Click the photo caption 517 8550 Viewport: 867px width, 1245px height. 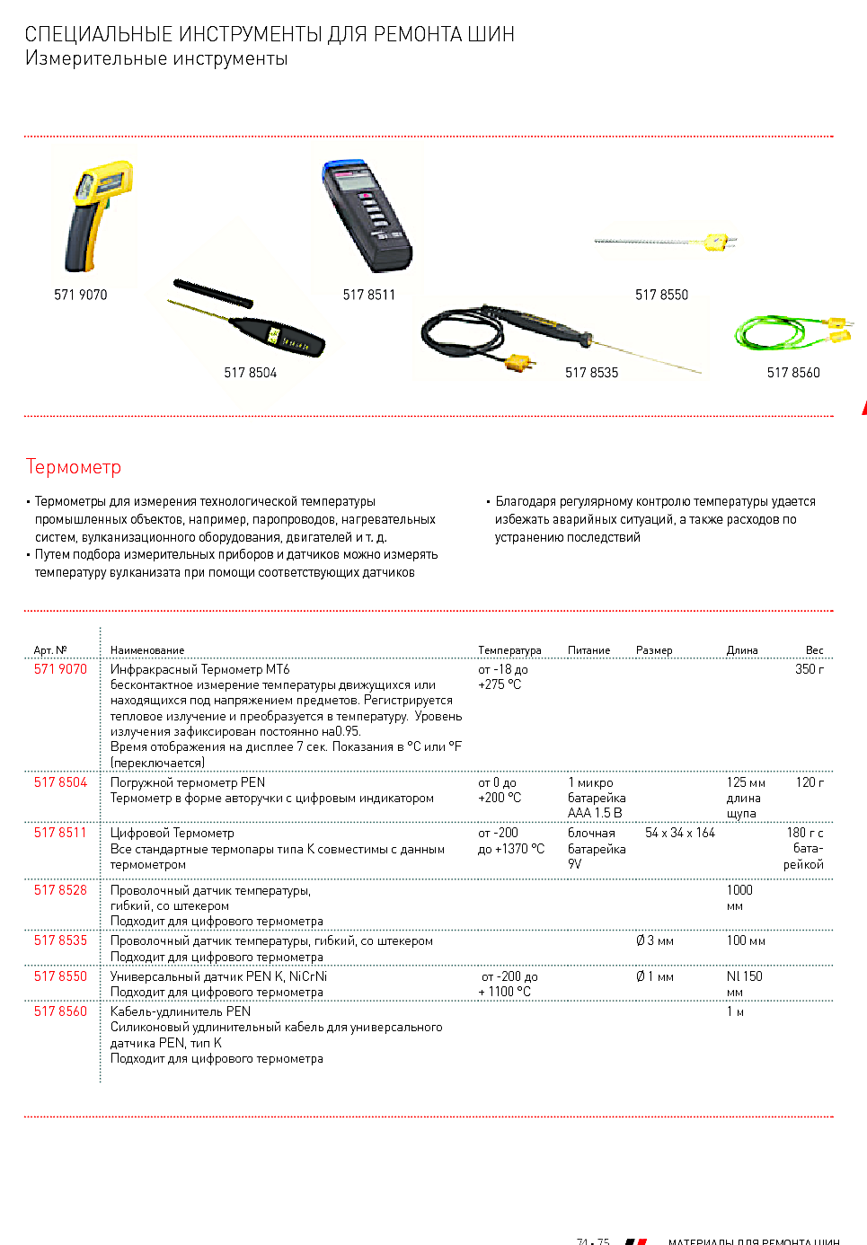pyautogui.click(x=661, y=295)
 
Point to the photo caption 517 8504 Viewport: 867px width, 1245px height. pyautogui.click(x=250, y=373)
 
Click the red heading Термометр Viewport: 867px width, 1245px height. pyautogui.click(x=73, y=467)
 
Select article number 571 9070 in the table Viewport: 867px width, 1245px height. pyautogui.click(x=60, y=669)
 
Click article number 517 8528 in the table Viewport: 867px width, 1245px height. pyautogui.click(x=60, y=890)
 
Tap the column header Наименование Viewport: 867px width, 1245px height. pyautogui.click(x=147, y=650)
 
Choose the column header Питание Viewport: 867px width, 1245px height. pyautogui.click(x=588, y=650)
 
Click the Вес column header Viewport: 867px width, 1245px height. pyautogui.click(x=814, y=650)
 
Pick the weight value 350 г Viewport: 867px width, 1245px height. pyautogui.click(x=809, y=669)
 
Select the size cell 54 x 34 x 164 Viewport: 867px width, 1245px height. pyautogui.click(x=679, y=833)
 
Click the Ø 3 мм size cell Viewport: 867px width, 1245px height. pyautogui.click(x=654, y=940)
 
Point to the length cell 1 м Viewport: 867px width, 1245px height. pyautogui.click(x=735, y=1011)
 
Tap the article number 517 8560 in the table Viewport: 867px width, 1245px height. pyautogui.click(x=60, y=1011)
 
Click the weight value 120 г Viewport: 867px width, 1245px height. pyautogui.click(x=809, y=782)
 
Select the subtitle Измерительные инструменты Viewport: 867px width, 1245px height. pyautogui.click(x=156, y=58)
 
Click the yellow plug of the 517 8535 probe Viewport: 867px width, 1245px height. pyautogui.click(x=518, y=362)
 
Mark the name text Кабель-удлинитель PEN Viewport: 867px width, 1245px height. pyautogui.click(x=181, y=1011)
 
